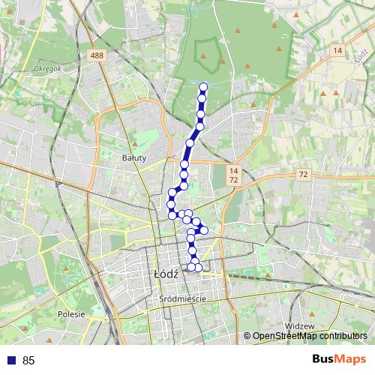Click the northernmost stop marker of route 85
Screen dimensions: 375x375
[x=203, y=86]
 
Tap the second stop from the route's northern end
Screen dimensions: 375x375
[x=202, y=99]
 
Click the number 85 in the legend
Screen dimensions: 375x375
[x=29, y=361]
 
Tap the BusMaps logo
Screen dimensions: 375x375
[x=338, y=360]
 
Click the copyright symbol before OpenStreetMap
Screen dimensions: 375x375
[x=247, y=336]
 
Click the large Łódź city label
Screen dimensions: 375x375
[x=165, y=274]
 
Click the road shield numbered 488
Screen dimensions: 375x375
[x=95, y=55]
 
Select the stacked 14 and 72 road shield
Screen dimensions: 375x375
[x=234, y=176]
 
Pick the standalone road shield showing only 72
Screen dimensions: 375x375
[x=303, y=174]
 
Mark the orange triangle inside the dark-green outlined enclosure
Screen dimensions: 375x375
[x=208, y=53]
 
